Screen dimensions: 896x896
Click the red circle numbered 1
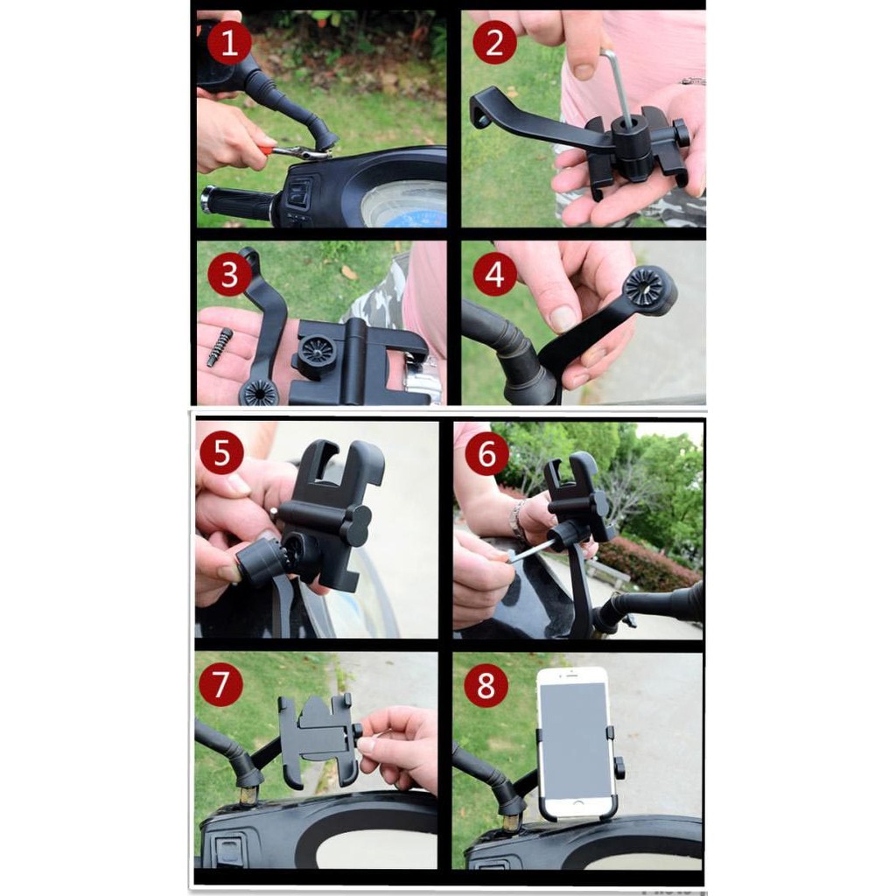click(229, 44)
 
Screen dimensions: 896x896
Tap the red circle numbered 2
click(494, 44)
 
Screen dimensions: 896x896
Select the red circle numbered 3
click(229, 274)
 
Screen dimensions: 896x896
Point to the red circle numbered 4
click(494, 274)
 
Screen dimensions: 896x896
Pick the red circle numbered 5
click(221, 453)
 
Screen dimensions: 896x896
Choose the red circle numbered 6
click(486, 453)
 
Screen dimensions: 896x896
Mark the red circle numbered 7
click(221, 684)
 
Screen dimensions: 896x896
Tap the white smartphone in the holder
click(576, 743)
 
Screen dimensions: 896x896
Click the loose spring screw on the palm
click(220, 347)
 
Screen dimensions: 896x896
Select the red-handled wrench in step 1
click(292, 151)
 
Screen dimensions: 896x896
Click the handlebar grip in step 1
click(236, 202)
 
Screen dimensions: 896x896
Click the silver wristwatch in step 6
click(518, 520)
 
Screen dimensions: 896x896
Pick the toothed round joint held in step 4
click(650, 291)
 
